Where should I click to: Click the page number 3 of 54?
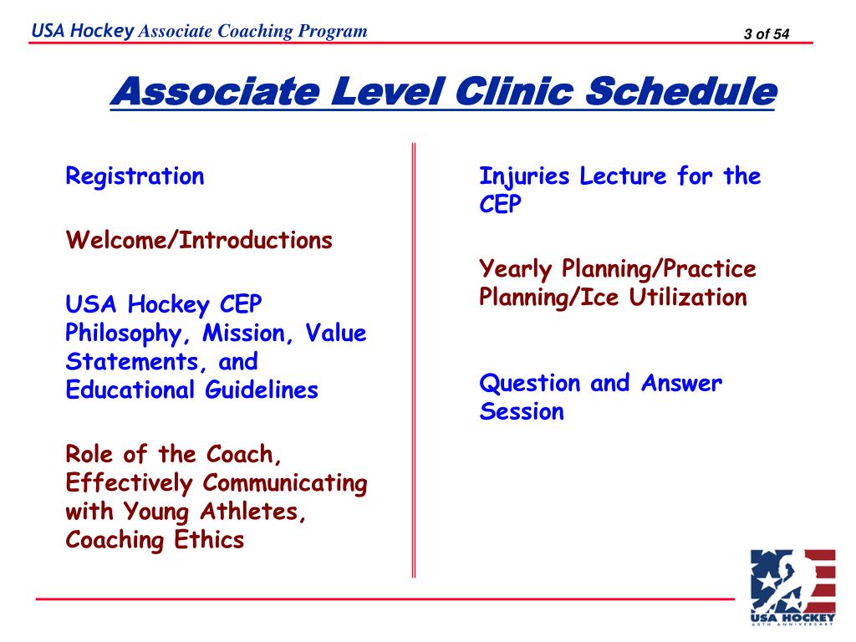766,33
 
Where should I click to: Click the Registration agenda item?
135,177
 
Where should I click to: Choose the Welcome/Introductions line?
199,242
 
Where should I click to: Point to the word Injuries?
524,177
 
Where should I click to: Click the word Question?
530,384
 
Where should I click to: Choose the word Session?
522,412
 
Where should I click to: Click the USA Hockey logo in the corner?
792,587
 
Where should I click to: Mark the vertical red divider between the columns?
413,359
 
